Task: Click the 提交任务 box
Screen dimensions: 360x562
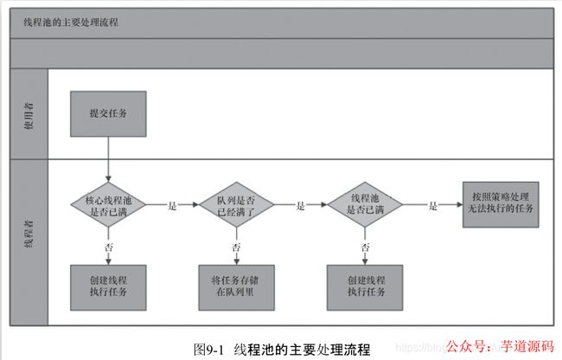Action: pos(108,112)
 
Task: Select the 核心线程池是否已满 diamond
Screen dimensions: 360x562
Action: pos(108,205)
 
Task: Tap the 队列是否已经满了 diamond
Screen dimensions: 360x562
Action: pos(235,205)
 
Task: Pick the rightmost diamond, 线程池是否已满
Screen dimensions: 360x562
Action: pos(364,205)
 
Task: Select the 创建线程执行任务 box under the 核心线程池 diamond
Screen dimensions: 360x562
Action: pos(108,286)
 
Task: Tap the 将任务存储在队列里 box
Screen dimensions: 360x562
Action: pos(235,286)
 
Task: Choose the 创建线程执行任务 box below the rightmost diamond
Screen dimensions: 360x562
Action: pos(364,286)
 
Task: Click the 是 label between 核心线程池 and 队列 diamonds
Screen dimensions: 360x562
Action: pos(172,206)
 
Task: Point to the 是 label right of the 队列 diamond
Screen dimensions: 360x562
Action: pos(301,206)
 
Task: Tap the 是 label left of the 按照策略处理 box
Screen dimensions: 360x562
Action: pos(433,206)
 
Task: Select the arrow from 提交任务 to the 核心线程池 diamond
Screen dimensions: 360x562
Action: pos(108,160)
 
